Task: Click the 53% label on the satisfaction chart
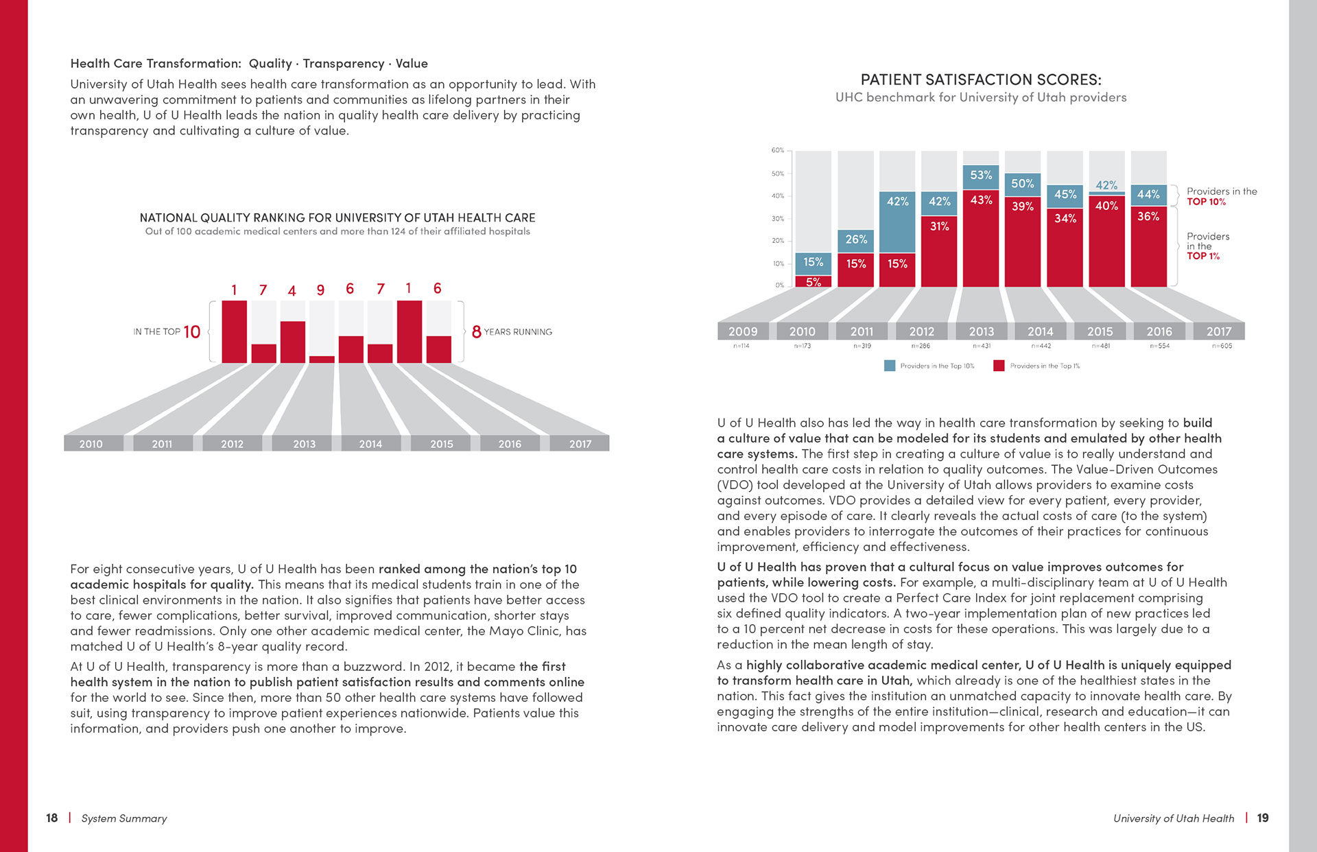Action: (981, 175)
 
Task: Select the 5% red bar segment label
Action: (814, 282)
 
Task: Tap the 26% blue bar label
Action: (856, 239)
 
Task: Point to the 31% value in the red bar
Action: (939, 226)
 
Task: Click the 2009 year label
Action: (743, 331)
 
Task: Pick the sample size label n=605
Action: (1222, 346)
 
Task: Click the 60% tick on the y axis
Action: (777, 150)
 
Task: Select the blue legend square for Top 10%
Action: (890, 366)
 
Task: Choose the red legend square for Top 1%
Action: (999, 366)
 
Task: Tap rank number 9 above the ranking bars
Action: (320, 290)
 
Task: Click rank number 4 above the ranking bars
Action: (292, 291)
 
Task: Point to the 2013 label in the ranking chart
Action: (305, 444)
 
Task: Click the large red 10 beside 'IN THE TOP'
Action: (192, 332)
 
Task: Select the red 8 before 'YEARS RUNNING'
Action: (477, 332)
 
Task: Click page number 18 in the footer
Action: (52, 818)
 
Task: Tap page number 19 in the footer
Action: (1263, 818)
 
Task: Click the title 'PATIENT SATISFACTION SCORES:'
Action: (981, 80)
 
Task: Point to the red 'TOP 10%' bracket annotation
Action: (1207, 202)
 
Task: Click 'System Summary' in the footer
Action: (124, 818)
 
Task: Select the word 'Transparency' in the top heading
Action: (344, 64)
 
